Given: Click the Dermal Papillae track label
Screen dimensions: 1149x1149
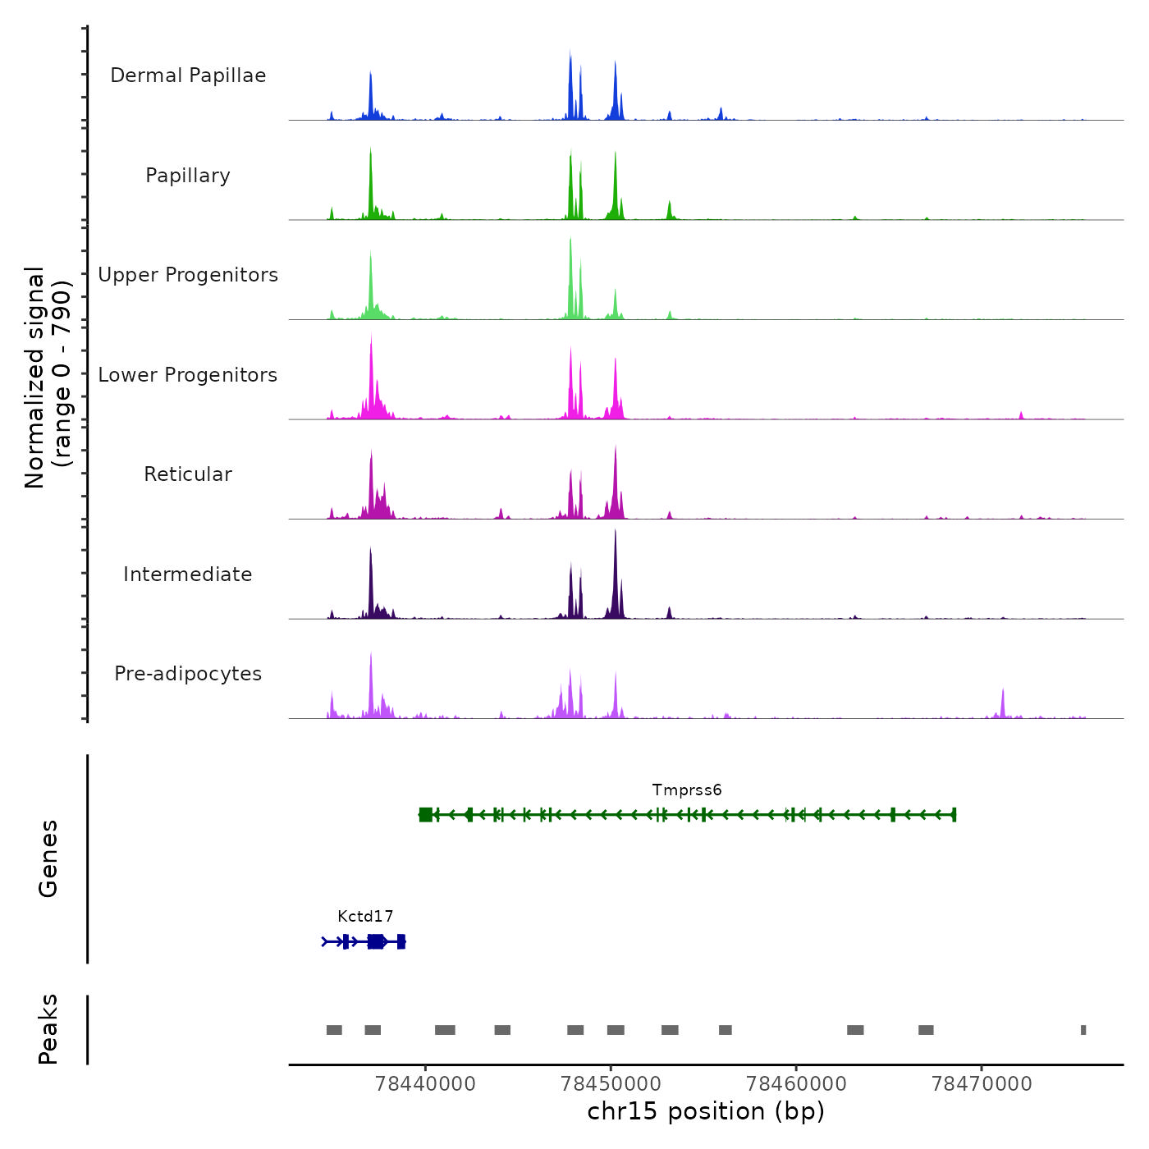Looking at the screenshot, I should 188,76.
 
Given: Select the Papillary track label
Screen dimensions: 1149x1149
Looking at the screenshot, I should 188,176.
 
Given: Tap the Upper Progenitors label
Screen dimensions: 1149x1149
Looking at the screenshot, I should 188,275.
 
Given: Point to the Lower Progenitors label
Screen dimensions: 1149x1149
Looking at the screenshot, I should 188,375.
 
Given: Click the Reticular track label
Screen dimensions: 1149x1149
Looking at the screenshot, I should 188,474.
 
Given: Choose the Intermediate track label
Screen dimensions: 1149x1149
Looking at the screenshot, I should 188,574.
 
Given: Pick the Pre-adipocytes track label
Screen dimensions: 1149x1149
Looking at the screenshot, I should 188,674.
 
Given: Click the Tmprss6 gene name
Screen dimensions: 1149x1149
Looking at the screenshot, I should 687,790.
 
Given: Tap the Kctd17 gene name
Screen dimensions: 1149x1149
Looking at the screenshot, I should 365,916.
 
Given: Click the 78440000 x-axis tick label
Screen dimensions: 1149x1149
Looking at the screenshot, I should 425,1083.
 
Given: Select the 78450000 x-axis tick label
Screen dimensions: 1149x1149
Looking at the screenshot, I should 611,1083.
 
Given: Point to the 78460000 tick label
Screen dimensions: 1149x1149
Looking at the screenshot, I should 796,1083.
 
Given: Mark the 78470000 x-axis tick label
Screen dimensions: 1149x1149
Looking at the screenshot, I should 982,1083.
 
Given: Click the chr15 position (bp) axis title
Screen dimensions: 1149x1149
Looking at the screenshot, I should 706,1111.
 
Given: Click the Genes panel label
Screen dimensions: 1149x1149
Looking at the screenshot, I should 48,858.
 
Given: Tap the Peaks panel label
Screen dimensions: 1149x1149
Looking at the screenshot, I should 48,1029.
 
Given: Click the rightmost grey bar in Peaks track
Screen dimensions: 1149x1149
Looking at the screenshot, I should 1083,1030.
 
